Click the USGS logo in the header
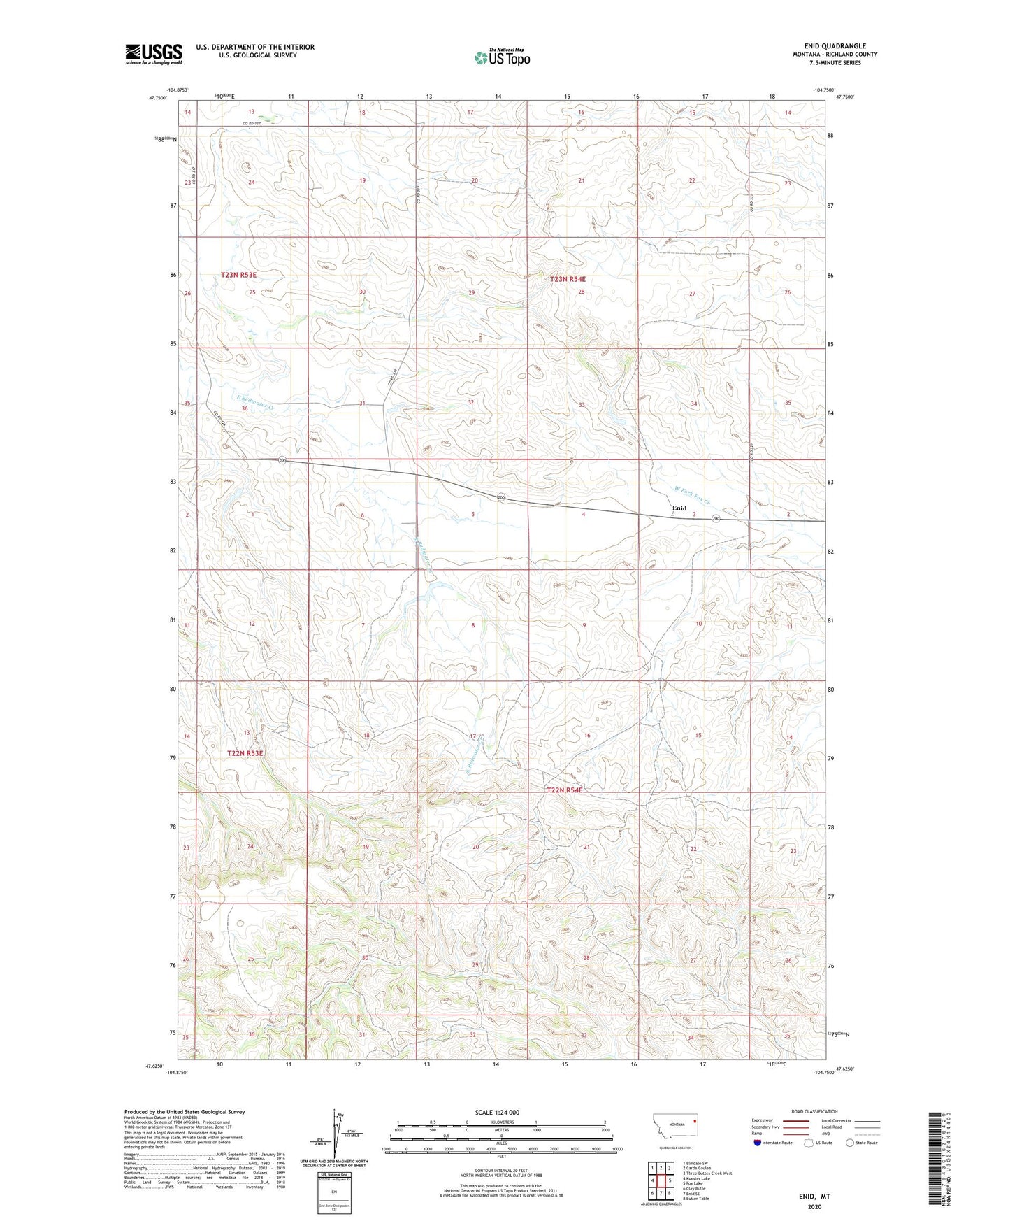coord(154,53)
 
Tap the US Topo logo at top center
coord(501,57)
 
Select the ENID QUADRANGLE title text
coord(835,45)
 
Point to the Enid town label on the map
coord(679,508)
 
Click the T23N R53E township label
coord(238,276)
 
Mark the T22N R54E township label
coord(563,790)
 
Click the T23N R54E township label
coord(568,279)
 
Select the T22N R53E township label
coord(245,753)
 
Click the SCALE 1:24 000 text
coord(497,1112)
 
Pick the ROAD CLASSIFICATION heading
coord(814,1111)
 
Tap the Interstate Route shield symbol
coord(758,1143)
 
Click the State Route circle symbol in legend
coord(849,1143)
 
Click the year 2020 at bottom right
coord(814,1207)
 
